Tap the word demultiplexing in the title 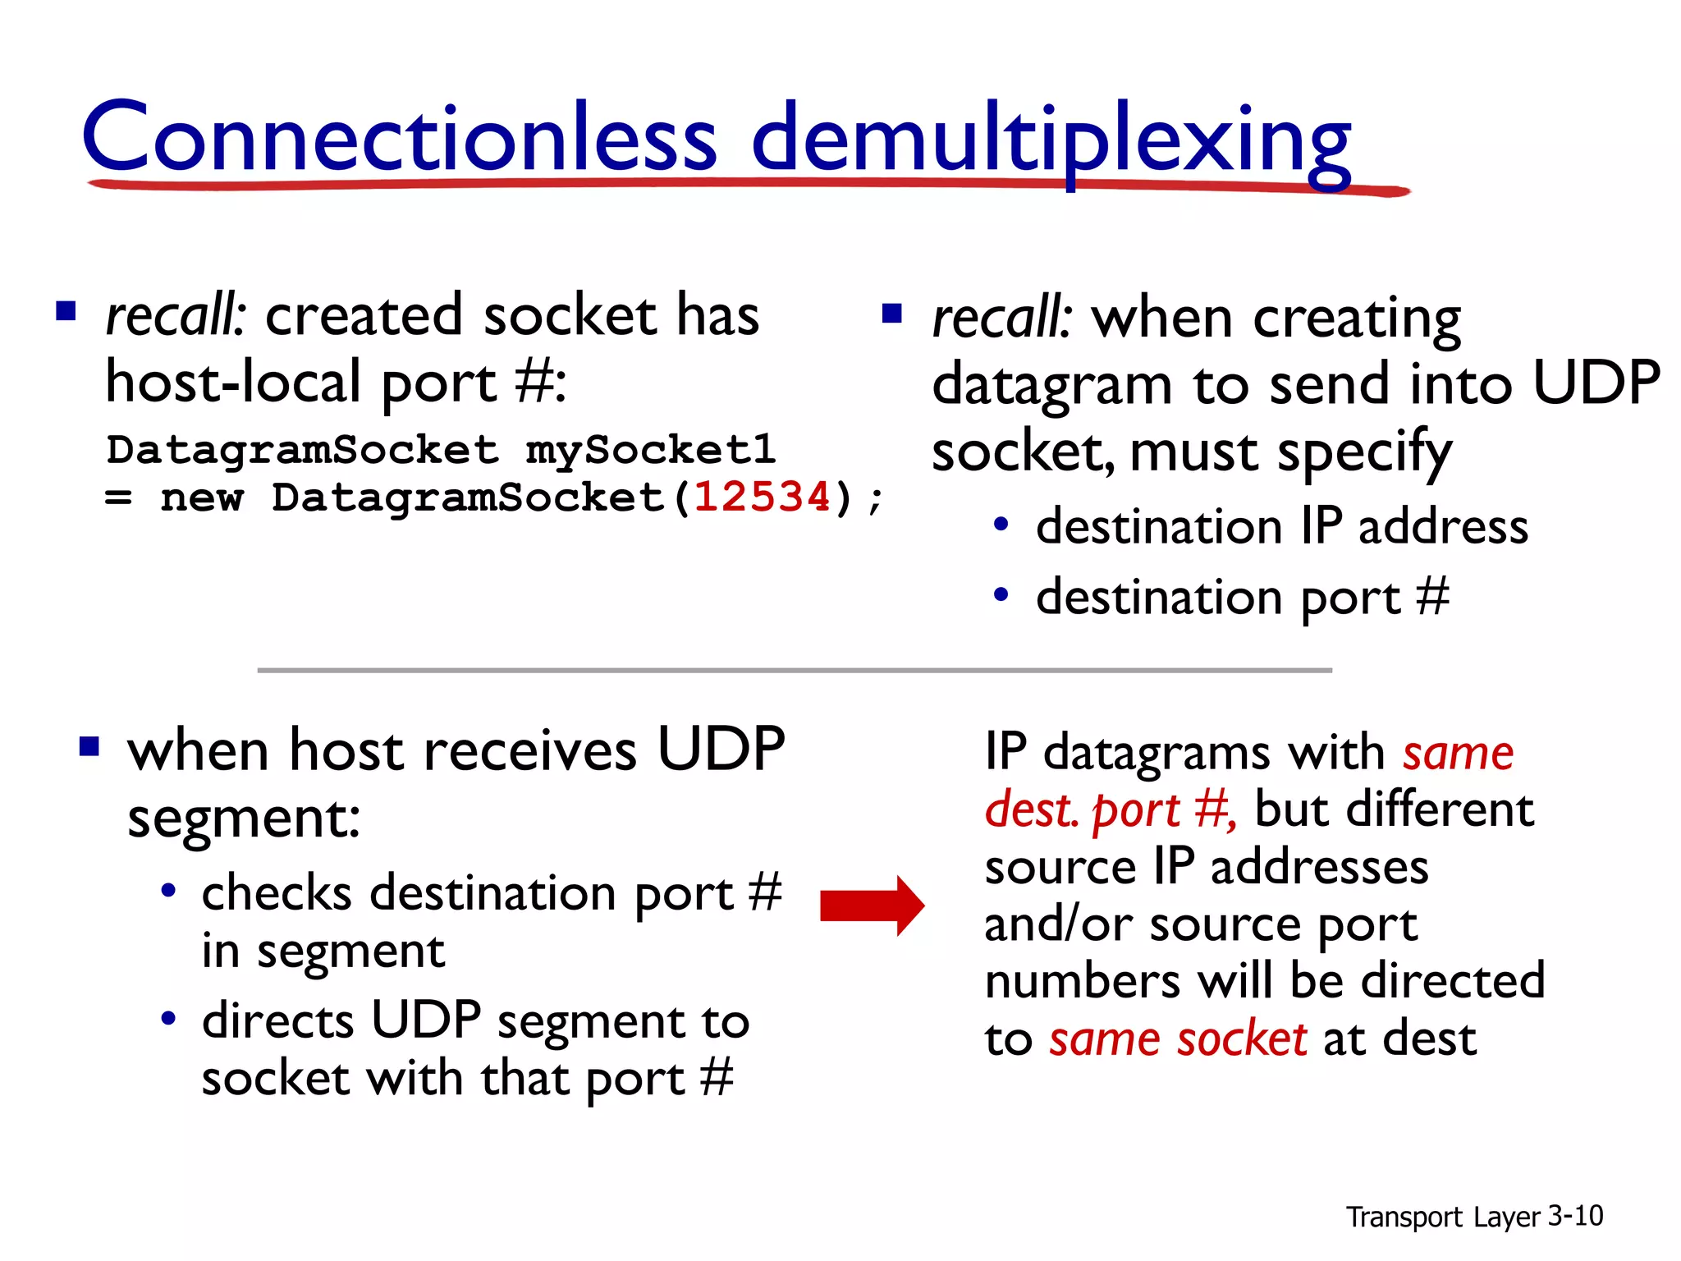pos(1051,140)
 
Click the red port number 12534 pos(763,498)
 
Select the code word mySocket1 pos(650,450)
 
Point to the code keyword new pos(202,498)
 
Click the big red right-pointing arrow pos(873,906)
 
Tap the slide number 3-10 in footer pos(1575,1215)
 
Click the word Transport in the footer pos(1404,1217)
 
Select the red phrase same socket pos(1178,1039)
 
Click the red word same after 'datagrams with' pos(1458,753)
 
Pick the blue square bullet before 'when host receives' pos(89,747)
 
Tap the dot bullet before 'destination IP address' pos(1001,525)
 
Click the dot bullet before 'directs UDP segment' pos(168,1019)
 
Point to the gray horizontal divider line pos(795,671)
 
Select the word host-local pos(234,383)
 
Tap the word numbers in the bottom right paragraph pos(1082,982)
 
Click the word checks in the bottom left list pos(277,893)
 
